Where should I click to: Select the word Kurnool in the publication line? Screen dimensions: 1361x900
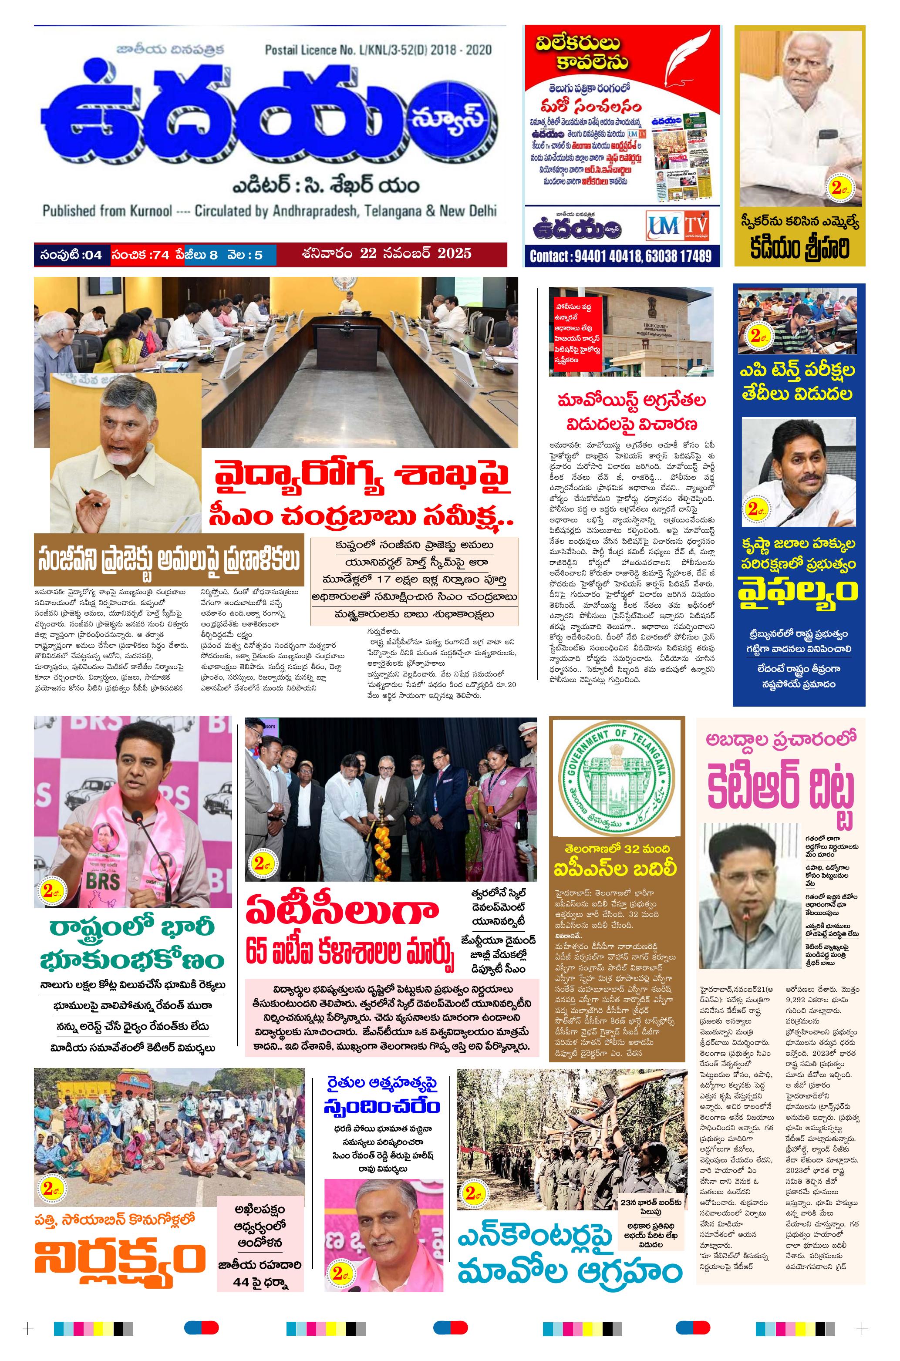pos(151,211)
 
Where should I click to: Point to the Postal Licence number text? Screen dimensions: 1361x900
pos(378,50)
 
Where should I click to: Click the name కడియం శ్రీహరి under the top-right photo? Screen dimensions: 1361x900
pos(799,248)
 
